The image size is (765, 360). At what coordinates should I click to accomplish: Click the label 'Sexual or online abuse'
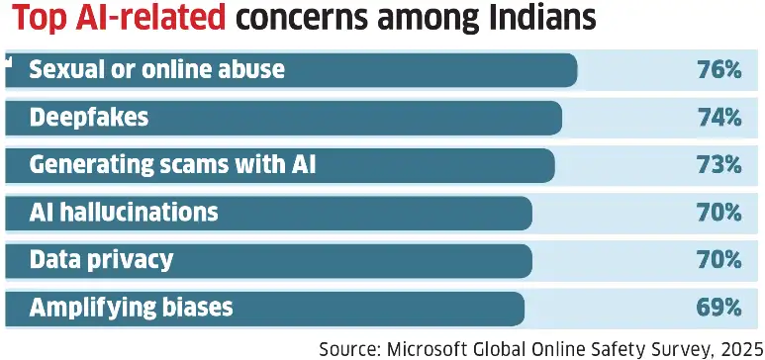156,70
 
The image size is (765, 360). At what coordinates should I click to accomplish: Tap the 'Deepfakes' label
89,118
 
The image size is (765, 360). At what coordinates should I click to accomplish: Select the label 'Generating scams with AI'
172,165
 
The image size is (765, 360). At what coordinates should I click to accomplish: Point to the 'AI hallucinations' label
124,213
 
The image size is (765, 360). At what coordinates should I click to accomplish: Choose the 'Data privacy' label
101,260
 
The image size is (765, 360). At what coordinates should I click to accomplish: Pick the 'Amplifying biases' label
131,308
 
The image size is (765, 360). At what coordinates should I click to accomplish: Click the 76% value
718,70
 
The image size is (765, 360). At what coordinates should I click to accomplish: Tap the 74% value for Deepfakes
718,118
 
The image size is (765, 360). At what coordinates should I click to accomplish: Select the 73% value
718,165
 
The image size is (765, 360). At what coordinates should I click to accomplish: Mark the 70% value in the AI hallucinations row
718,213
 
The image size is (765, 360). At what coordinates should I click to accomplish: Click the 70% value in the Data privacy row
718,260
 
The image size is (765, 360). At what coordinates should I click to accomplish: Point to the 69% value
718,308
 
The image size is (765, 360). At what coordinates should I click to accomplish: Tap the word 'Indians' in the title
530,20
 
